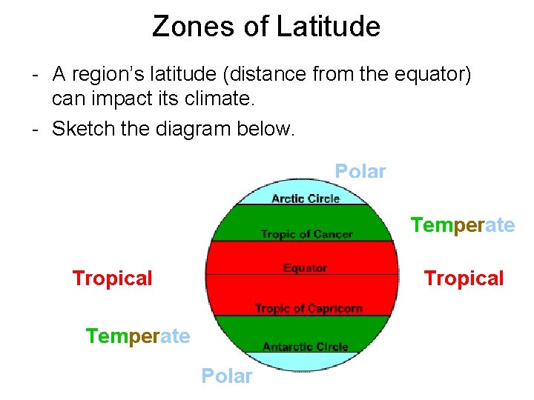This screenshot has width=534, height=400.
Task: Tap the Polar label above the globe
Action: pyautogui.click(x=360, y=172)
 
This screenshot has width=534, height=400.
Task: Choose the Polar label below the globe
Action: pyautogui.click(x=227, y=376)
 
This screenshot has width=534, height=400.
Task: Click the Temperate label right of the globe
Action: pyautogui.click(x=463, y=225)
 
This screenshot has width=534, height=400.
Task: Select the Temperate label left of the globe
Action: pyautogui.click(x=138, y=337)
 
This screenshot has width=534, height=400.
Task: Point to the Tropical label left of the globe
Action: pyautogui.click(x=112, y=279)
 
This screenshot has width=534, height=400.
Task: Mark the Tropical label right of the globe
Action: pyautogui.click(x=464, y=279)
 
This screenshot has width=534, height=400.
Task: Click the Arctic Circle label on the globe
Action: pyautogui.click(x=306, y=199)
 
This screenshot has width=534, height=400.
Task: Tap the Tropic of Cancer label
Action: pyautogui.click(x=306, y=234)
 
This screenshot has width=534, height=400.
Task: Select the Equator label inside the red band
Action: pyautogui.click(x=305, y=267)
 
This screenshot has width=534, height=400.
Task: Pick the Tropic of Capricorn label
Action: pyautogui.click(x=309, y=308)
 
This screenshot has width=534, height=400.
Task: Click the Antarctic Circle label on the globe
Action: pyautogui.click(x=306, y=346)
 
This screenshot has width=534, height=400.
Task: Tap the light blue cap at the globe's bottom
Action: pyautogui.click(x=304, y=361)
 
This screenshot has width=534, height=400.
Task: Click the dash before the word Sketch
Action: pyautogui.click(x=36, y=130)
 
